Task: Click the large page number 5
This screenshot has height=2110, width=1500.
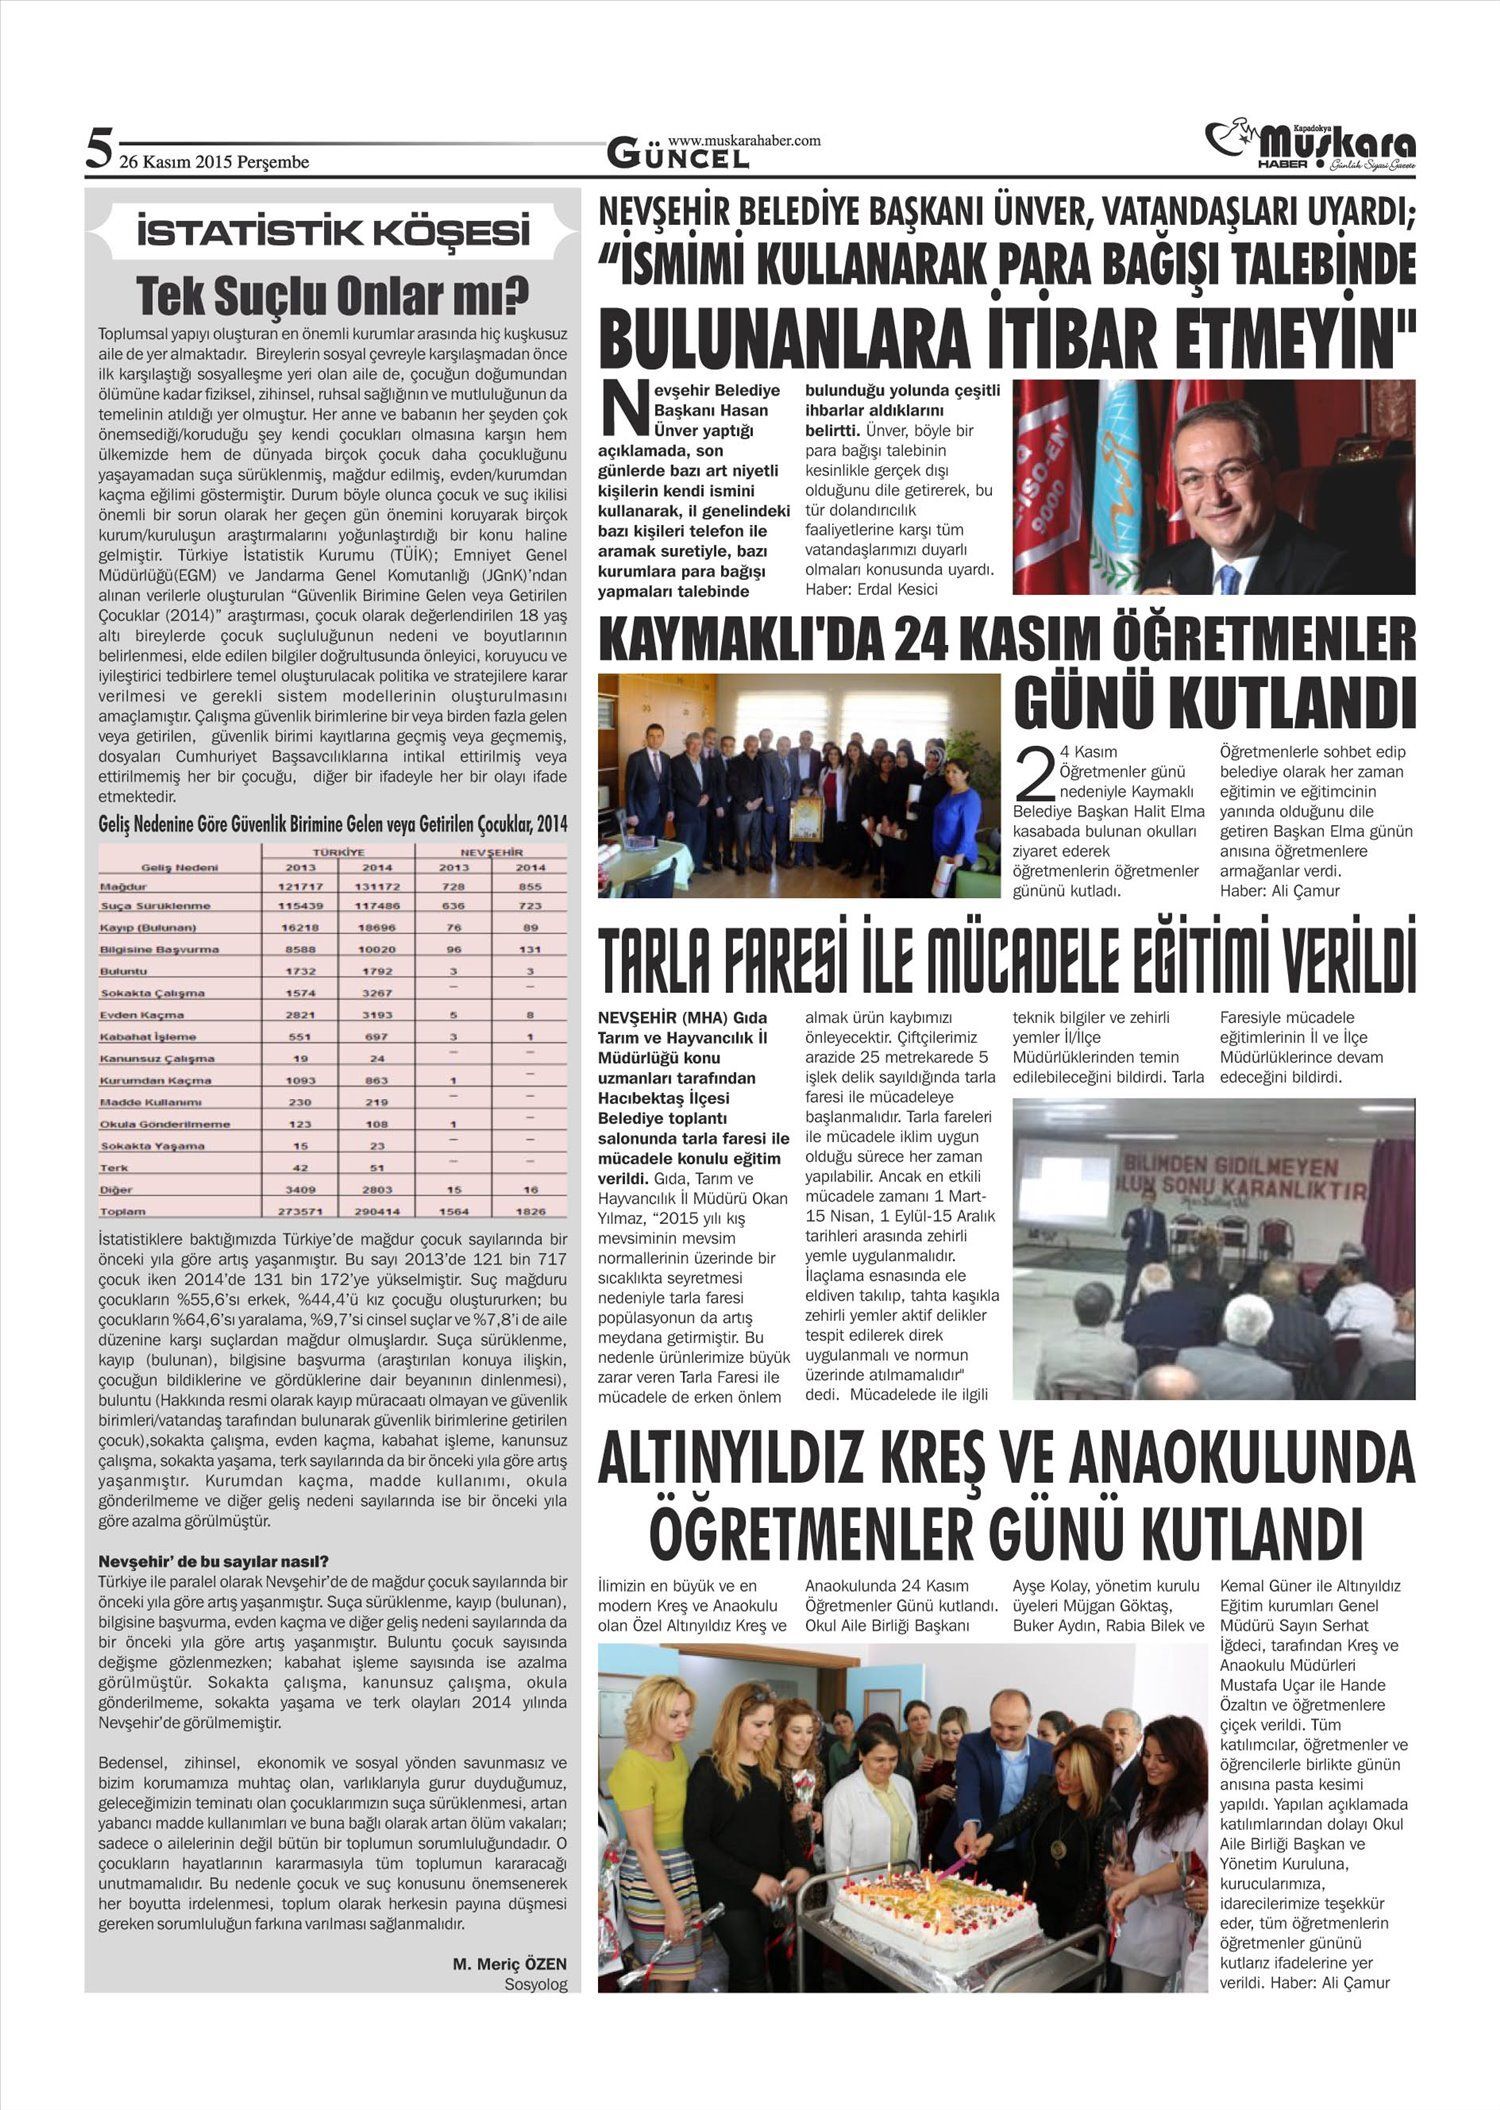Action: click(99, 149)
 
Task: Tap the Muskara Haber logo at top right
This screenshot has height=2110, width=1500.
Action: click(1310, 146)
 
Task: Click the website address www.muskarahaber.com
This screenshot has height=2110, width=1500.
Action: click(744, 141)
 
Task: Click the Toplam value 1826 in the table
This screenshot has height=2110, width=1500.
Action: click(530, 1211)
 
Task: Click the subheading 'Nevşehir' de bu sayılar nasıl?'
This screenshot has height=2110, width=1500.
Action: click(214, 1561)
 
